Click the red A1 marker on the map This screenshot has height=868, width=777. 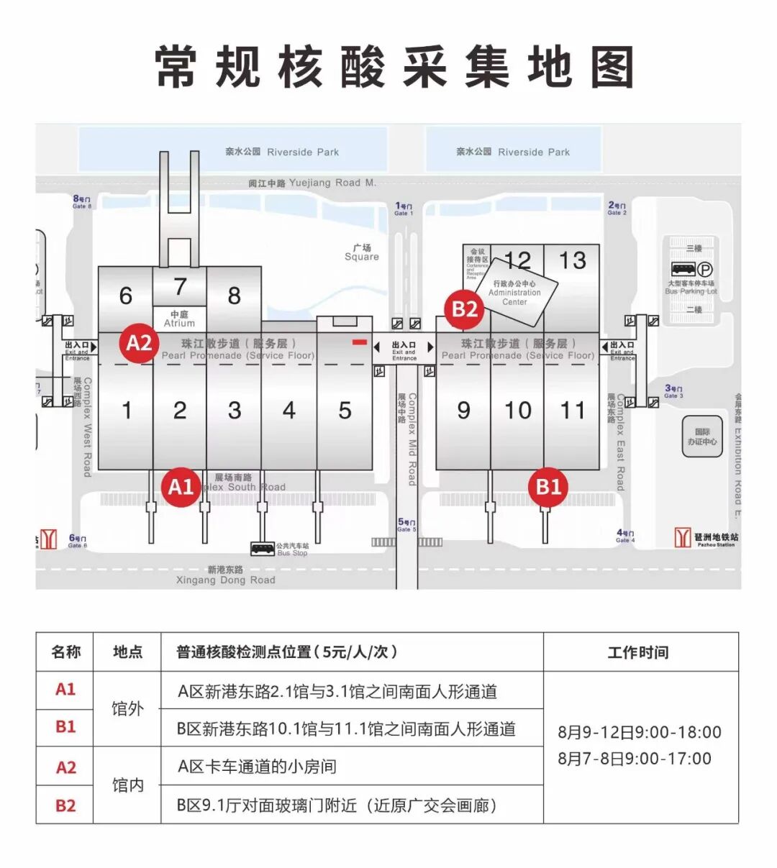click(181, 487)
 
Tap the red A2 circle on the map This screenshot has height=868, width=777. click(139, 343)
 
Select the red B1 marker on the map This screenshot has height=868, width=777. click(548, 487)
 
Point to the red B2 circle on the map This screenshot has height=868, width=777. click(464, 309)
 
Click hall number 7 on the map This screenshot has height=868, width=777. click(180, 286)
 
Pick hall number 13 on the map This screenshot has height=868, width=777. click(572, 260)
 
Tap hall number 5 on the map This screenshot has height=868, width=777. click(345, 411)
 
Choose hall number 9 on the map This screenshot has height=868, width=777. click(463, 411)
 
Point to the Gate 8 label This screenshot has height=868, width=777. click(82, 202)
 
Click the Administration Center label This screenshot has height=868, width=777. click(514, 293)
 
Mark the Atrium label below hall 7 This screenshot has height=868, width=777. click(179, 319)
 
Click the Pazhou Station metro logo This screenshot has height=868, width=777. click(682, 537)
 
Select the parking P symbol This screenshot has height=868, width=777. click(706, 270)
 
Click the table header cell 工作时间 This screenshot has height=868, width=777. click(638, 652)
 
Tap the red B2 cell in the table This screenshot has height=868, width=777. click(65, 805)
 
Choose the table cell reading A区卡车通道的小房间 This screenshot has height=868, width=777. click(257, 767)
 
